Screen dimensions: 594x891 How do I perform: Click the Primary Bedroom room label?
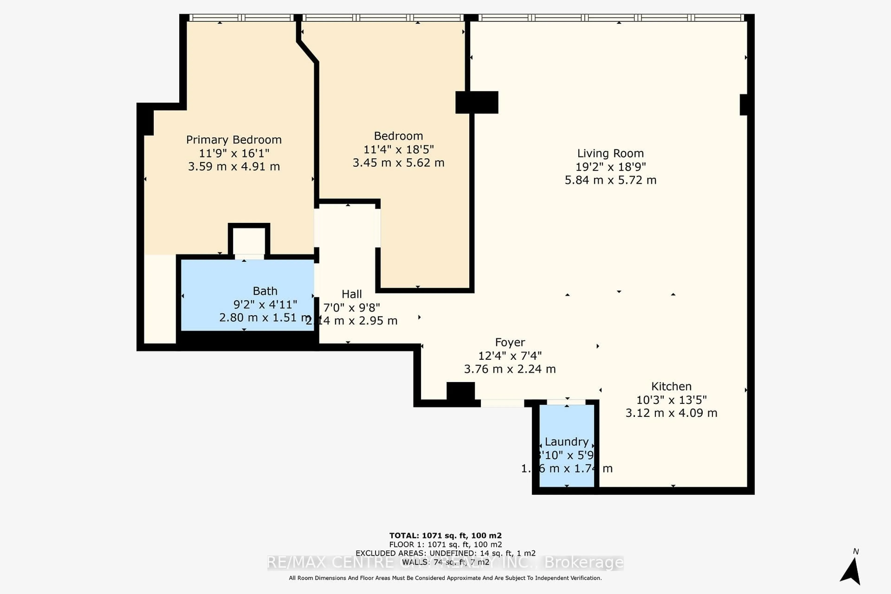(234, 140)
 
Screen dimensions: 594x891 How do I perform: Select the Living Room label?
(610, 153)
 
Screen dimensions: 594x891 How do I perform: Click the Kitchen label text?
(671, 386)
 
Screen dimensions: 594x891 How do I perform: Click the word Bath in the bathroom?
(265, 291)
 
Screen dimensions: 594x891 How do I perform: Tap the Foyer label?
(510, 342)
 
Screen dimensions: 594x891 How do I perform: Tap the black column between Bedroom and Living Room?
(477, 102)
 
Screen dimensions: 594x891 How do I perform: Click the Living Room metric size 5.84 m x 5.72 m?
(610, 180)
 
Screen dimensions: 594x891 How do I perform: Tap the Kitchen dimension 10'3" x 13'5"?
(671, 400)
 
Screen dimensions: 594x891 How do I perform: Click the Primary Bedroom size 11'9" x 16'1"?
(234, 153)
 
